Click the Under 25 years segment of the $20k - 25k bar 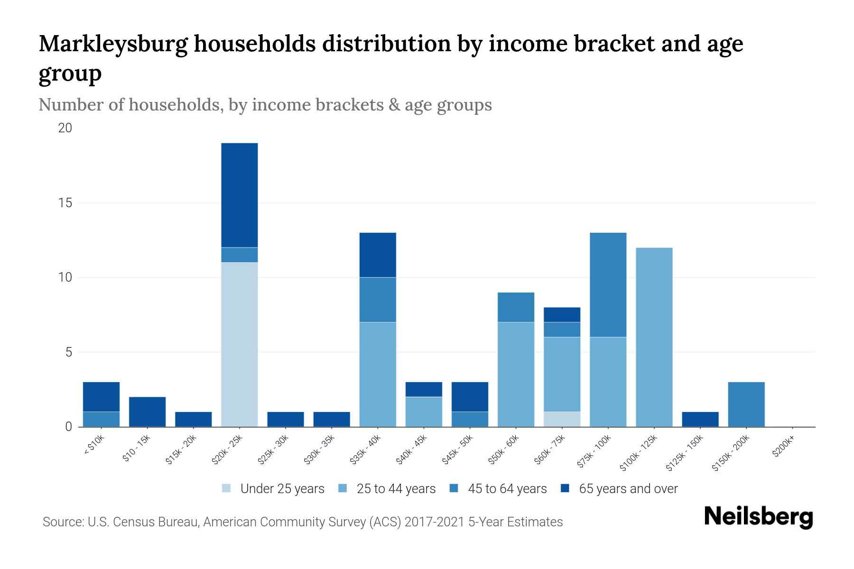coord(240,344)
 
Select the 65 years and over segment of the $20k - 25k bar coord(240,195)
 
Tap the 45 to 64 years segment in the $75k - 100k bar coord(608,284)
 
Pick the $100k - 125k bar coord(654,337)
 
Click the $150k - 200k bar coord(746,404)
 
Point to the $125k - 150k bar coord(700,419)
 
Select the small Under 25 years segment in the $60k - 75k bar coord(562,419)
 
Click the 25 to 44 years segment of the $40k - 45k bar coord(424,412)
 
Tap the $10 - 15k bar coord(148,412)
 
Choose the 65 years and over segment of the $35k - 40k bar coord(378,255)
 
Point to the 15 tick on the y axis coord(65,203)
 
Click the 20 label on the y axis coord(65,128)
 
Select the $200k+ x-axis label coord(784,448)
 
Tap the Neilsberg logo coord(758,517)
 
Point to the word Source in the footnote coord(62,522)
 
